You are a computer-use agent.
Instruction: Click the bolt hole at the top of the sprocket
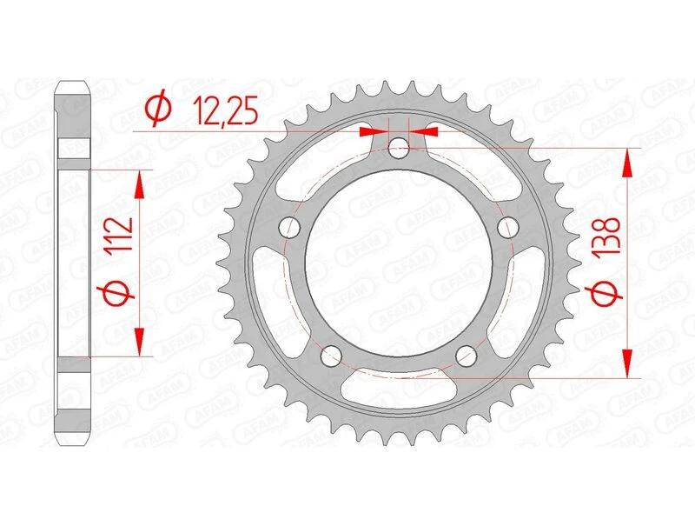tap(398, 149)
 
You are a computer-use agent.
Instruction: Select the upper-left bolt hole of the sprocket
tap(290, 227)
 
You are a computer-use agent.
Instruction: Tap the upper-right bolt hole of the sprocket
tap(506, 227)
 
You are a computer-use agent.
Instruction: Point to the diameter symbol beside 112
tap(121, 294)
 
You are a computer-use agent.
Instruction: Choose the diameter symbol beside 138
tap(609, 298)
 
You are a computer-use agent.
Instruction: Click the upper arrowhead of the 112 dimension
tap(138, 180)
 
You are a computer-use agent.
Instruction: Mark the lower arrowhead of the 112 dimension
tap(138, 345)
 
